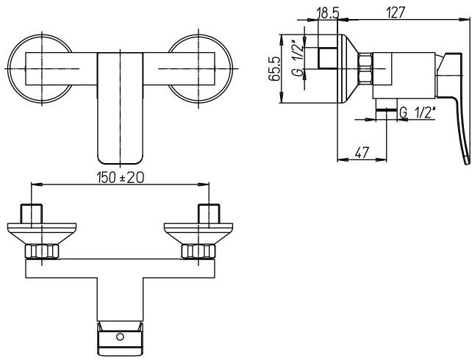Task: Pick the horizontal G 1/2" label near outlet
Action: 418,113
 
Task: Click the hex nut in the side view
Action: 366,70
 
